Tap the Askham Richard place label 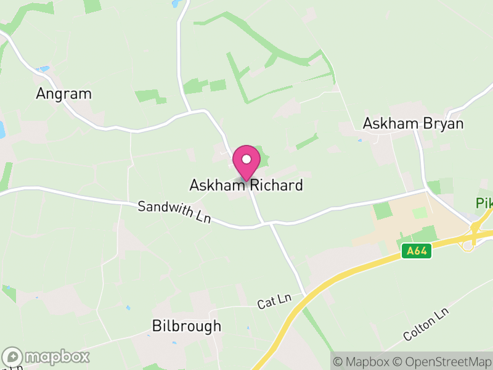246,185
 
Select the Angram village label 63,94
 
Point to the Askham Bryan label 413,123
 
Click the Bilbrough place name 186,326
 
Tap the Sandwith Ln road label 174,213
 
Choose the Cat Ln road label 274,301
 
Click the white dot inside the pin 246,158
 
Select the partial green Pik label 484,203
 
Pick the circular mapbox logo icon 13,356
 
